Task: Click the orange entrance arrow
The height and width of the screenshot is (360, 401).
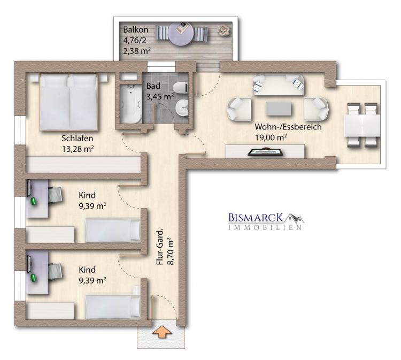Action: (162, 332)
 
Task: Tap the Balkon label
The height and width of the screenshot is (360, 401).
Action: (136, 29)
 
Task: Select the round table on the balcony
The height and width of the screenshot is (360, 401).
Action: (181, 34)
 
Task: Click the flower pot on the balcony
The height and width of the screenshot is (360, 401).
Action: (224, 30)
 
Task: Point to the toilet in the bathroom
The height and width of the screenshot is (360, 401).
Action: (181, 88)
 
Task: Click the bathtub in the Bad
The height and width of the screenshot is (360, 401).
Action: (131, 104)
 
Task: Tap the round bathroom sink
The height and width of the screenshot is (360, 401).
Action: (182, 108)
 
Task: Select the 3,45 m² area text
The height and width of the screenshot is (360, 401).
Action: (160, 96)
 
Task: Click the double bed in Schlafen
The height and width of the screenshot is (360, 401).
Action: (69, 102)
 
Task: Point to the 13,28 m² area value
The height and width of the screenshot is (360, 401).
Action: (78, 149)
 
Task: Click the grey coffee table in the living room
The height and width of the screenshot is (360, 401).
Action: (278, 109)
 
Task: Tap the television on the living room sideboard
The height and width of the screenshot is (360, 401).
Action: (265, 152)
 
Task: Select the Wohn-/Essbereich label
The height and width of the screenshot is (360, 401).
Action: (288, 127)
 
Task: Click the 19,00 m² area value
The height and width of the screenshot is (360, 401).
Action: (271, 137)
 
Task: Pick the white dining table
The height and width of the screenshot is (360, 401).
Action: (362, 125)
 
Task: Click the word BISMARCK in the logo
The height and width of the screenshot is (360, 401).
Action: (256, 218)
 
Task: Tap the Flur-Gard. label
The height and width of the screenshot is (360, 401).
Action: (159, 248)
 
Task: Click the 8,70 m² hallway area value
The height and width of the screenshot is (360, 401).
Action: (171, 251)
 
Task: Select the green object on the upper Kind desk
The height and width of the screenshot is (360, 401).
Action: (34, 201)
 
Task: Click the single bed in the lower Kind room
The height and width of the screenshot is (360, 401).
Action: (113, 307)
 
